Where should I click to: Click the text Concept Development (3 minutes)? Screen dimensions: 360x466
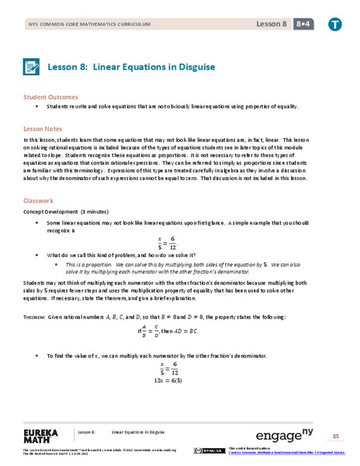64,210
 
